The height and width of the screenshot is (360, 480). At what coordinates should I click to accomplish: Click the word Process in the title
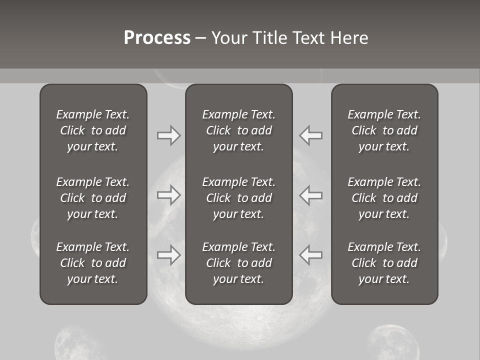(x=157, y=38)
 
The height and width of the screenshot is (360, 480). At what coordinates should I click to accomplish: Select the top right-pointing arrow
(x=169, y=135)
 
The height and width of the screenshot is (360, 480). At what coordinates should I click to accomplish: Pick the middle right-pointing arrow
(x=169, y=195)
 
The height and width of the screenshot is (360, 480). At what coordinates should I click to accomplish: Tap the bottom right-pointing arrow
(x=169, y=255)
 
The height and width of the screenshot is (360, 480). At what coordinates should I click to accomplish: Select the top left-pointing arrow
(x=310, y=135)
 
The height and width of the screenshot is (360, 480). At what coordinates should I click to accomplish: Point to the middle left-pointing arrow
(x=310, y=195)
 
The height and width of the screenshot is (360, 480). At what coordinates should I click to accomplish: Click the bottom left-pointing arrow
(x=310, y=255)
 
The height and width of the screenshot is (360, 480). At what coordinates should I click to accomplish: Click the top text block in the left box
(x=93, y=130)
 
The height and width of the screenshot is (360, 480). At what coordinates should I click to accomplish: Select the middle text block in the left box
(x=93, y=198)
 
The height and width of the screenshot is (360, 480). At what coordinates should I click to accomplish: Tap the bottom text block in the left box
(x=93, y=263)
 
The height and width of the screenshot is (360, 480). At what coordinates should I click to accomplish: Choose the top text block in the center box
(x=238, y=130)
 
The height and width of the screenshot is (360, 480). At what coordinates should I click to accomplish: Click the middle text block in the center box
(x=238, y=198)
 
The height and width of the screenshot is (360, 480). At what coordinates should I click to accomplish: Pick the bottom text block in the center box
(x=238, y=263)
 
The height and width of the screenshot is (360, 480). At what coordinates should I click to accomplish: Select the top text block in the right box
(x=384, y=130)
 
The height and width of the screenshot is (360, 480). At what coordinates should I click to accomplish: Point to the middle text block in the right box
(x=384, y=198)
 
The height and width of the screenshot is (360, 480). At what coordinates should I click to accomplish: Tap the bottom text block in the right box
(x=384, y=263)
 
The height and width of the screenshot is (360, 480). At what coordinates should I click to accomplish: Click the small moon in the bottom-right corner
(x=393, y=344)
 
